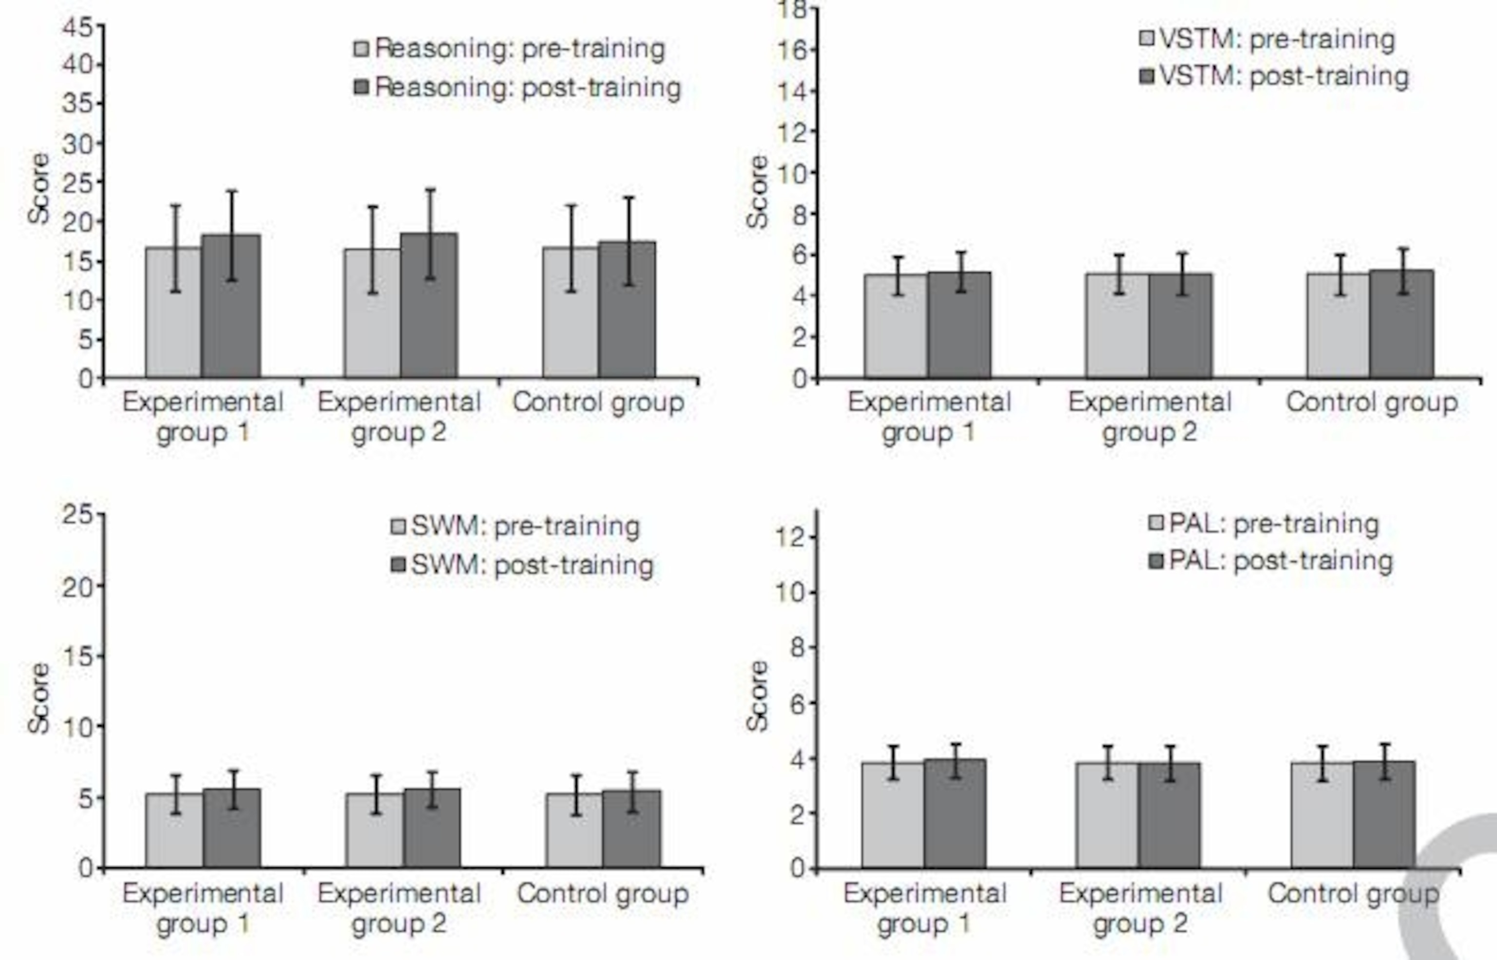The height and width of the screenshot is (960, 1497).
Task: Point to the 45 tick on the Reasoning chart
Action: click(x=77, y=27)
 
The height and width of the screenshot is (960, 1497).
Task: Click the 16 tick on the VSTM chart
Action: click(x=793, y=50)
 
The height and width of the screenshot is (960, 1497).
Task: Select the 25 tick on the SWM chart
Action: click(x=77, y=515)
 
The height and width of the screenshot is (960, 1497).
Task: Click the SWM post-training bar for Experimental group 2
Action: click(x=432, y=828)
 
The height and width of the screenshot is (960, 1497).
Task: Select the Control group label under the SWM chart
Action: click(x=602, y=894)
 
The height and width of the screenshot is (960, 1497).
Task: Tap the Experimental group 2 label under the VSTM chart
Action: click(x=1150, y=416)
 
